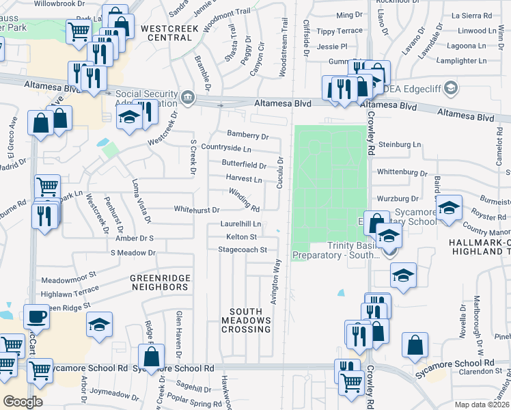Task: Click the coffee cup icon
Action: pos(36,316)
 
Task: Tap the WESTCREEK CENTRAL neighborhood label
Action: pos(166,33)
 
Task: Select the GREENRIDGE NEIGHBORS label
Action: pos(159,283)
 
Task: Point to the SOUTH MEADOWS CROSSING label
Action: pos(246,320)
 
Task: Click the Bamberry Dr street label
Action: pos(248,137)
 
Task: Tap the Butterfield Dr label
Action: pos(244,165)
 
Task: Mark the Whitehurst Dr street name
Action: pos(197,210)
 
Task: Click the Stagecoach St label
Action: pos(242,250)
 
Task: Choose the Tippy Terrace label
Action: pos(340,31)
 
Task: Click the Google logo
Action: pos(23,402)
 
